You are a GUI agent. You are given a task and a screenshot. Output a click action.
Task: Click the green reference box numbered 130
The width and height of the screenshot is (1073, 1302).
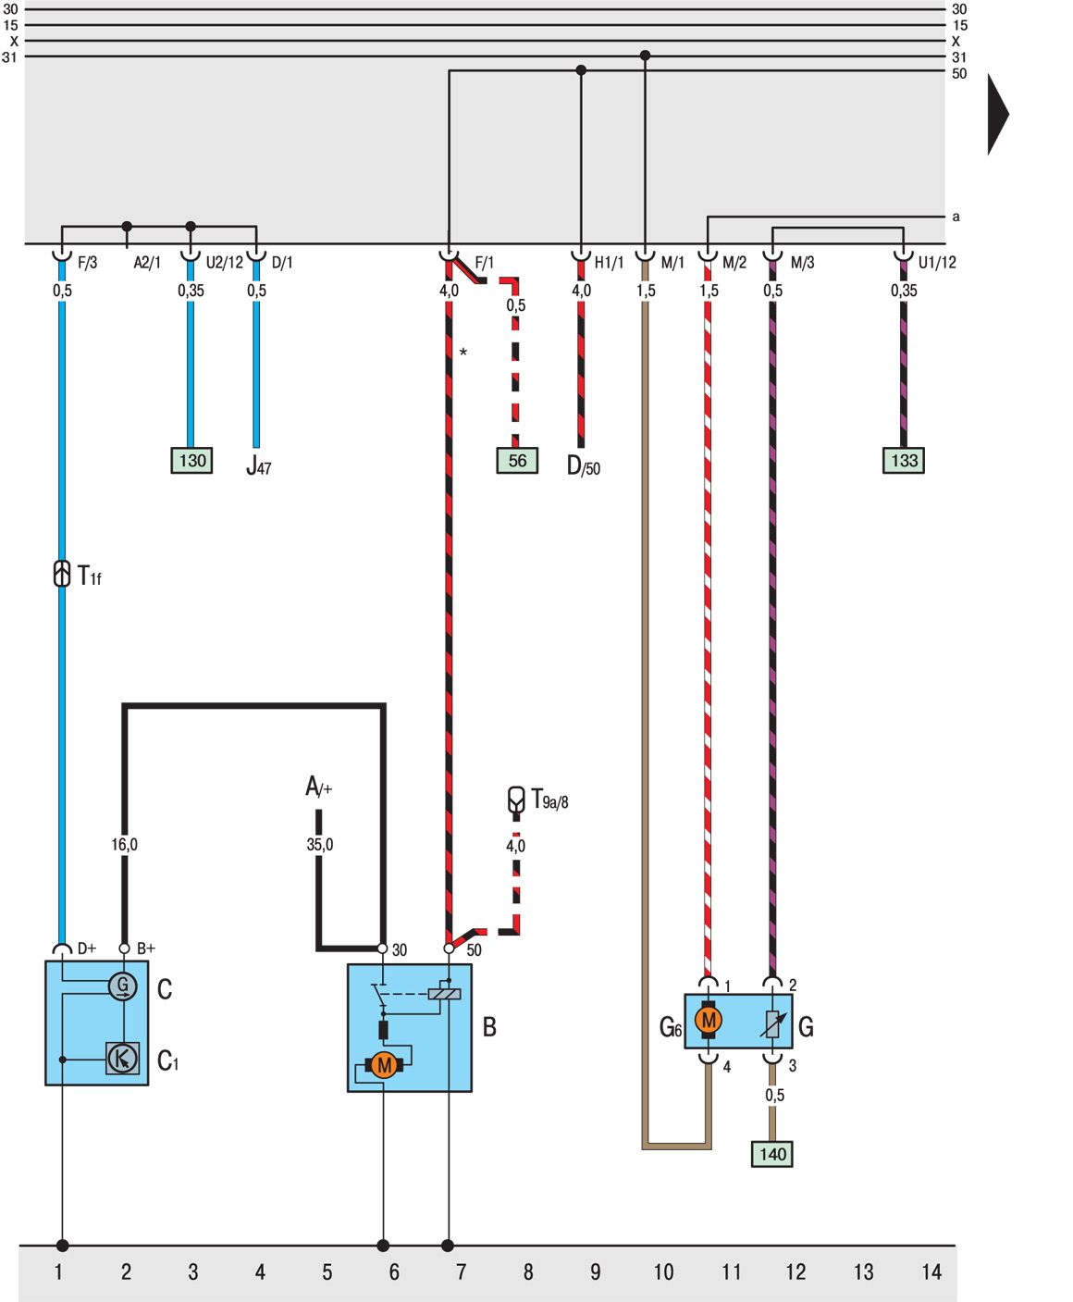click(191, 461)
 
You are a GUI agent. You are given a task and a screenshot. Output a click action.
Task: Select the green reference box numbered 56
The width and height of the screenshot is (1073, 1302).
click(517, 461)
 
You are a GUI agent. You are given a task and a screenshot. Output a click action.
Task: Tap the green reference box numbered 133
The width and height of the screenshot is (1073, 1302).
click(904, 461)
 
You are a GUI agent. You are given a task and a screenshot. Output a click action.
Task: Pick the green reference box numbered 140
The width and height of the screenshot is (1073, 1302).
click(772, 1154)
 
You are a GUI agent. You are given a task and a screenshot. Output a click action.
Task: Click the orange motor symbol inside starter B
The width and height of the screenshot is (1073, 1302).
click(384, 1065)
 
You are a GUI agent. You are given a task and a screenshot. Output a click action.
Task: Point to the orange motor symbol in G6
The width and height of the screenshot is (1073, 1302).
click(709, 1021)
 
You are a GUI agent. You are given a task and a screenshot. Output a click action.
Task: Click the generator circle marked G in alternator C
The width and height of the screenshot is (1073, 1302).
click(122, 986)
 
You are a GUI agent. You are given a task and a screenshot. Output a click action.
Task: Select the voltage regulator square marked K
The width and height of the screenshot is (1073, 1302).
click(122, 1058)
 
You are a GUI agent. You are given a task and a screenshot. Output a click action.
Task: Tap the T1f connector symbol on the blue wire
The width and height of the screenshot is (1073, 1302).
click(62, 574)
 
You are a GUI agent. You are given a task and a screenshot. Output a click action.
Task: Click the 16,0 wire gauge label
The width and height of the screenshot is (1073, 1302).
click(125, 845)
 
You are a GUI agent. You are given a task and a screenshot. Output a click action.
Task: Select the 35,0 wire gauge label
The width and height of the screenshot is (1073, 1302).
click(320, 845)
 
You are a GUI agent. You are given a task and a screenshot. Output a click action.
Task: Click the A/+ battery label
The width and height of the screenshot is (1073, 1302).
click(318, 787)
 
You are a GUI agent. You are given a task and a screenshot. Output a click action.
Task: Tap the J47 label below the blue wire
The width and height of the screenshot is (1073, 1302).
click(259, 466)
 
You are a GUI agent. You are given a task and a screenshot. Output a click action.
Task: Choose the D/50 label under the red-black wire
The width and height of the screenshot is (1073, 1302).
click(584, 466)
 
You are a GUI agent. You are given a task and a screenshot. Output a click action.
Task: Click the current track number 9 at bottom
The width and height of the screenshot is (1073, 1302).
click(595, 1272)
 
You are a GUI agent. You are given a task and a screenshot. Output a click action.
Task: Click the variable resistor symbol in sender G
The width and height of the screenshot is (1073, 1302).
click(773, 1023)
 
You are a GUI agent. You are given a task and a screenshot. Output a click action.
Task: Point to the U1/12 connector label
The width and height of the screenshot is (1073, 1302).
click(937, 263)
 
